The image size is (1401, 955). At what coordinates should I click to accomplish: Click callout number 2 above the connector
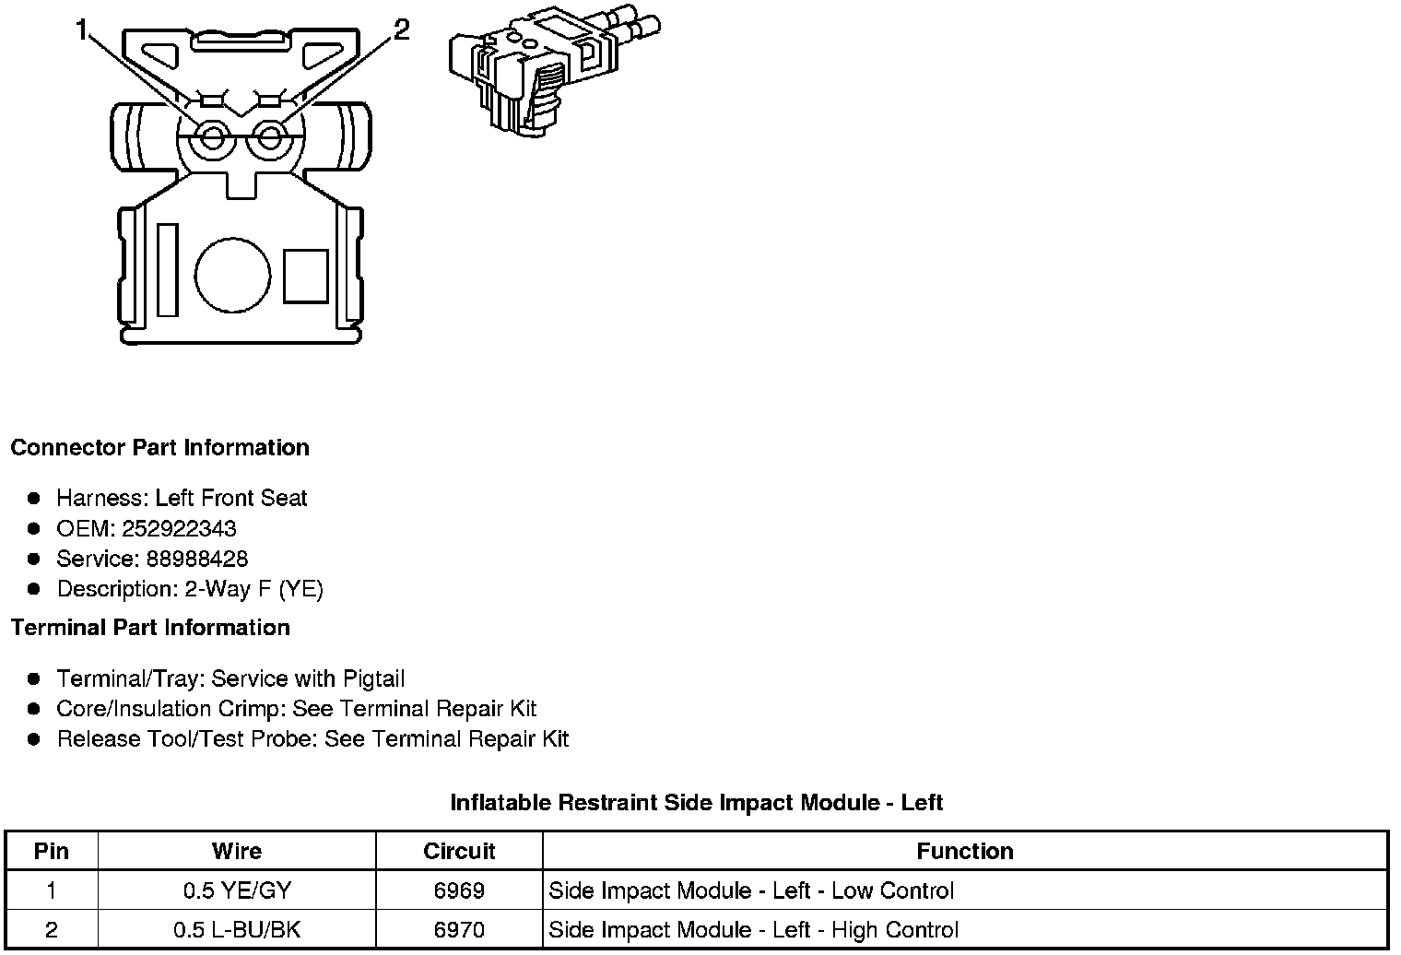(x=401, y=30)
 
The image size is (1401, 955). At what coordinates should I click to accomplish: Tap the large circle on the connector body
(x=232, y=276)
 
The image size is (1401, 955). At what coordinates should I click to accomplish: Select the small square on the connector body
(x=305, y=276)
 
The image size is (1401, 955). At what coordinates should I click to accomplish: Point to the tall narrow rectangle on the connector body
(x=167, y=269)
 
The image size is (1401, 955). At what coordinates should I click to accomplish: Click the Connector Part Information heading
(x=159, y=448)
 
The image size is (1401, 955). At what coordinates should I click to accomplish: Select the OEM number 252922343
(x=191, y=529)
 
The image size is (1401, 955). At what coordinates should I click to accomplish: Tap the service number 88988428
(x=196, y=559)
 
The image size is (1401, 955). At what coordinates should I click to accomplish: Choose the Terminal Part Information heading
(x=150, y=628)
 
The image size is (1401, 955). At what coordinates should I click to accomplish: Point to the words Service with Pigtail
(x=308, y=679)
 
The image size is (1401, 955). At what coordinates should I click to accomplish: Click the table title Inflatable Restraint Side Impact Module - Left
(x=696, y=803)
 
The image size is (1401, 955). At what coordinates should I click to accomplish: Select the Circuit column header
(x=459, y=851)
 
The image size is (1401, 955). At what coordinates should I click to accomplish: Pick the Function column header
(x=964, y=851)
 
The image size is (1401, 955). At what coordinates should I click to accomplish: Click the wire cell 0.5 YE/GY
(x=236, y=890)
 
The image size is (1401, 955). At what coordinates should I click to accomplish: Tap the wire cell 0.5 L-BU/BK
(x=236, y=930)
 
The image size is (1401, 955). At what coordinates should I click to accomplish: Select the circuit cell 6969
(x=459, y=890)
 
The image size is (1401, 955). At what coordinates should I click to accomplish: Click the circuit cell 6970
(x=459, y=930)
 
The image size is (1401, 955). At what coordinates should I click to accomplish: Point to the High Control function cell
(x=753, y=930)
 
